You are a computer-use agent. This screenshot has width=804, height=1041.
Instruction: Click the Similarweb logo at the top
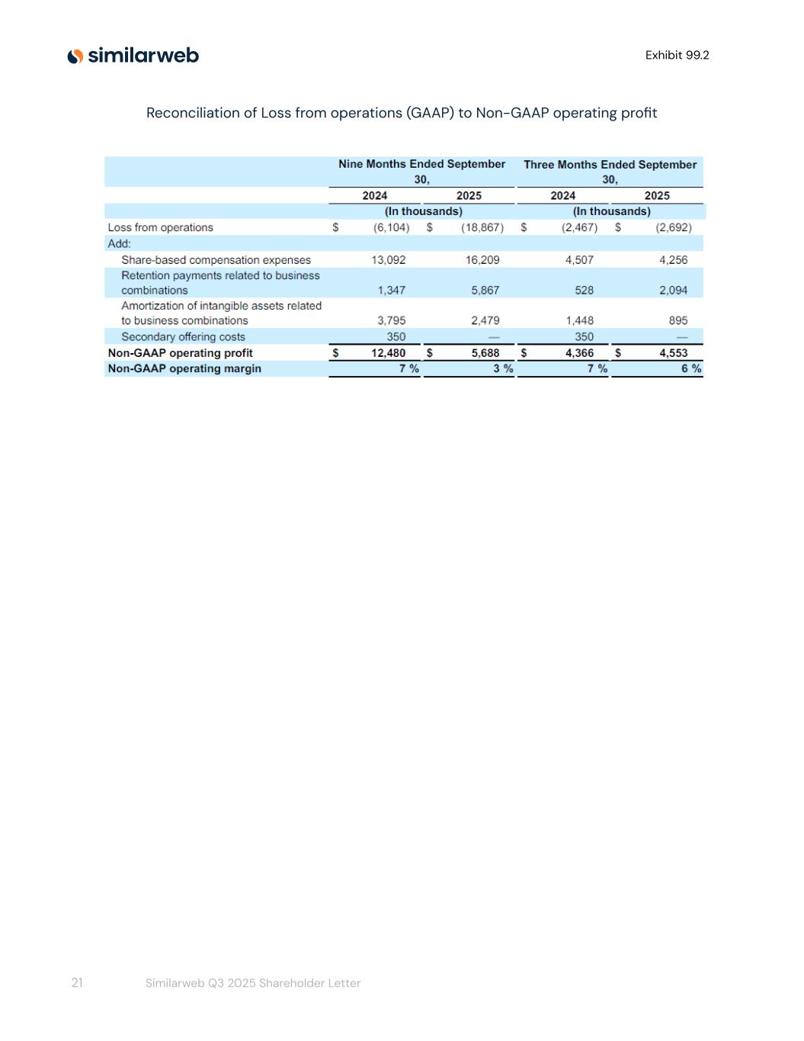coord(133,56)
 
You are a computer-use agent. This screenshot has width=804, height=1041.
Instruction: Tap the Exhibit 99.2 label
coord(677,55)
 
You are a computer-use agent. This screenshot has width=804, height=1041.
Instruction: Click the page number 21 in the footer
coord(77,983)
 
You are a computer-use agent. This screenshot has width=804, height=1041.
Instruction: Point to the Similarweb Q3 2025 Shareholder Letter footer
coord(253,983)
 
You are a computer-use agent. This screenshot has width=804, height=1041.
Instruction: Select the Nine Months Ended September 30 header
coord(421,172)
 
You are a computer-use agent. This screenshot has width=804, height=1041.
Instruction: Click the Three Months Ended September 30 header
coord(610,172)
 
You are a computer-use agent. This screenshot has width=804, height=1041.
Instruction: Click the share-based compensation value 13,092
coord(389,260)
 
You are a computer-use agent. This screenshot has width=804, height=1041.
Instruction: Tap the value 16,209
coord(482,260)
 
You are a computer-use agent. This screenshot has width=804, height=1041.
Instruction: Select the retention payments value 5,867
coord(485,291)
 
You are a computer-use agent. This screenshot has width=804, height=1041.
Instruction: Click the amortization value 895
coord(677,321)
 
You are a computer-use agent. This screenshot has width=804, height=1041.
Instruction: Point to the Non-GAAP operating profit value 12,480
coord(389,353)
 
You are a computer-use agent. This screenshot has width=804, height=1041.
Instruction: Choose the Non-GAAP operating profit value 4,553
coord(673,353)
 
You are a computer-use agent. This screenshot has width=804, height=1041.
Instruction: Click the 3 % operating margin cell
coord(503,368)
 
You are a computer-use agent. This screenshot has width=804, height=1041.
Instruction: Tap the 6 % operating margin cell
coord(691,368)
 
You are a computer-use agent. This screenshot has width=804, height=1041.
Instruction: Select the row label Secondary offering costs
coord(183,337)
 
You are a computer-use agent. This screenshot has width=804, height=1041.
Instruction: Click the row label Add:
coord(119,244)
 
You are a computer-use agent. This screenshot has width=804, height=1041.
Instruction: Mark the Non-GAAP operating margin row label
coord(184,368)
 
